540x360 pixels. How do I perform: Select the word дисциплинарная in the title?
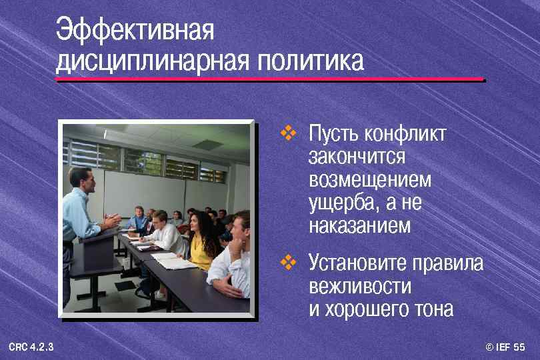[x=151, y=62]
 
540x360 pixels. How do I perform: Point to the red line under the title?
[x=269, y=79]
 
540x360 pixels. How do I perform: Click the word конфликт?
[x=405, y=135]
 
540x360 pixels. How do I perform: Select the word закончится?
[x=357, y=157]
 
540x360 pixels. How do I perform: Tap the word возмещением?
[x=370, y=180]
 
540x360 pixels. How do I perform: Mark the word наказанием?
[x=360, y=225]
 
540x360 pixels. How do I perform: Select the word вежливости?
[x=360, y=287]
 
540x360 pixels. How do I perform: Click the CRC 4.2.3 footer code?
[x=31, y=347]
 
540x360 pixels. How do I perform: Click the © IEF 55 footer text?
[x=505, y=347]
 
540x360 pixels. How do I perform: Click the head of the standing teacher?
[x=79, y=177]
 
